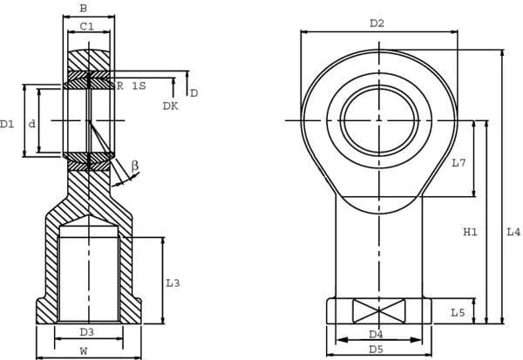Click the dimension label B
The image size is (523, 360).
pos(83,9)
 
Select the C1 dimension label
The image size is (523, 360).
pos(87,27)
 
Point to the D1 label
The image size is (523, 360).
pos(8,125)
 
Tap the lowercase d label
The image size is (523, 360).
pos(32,125)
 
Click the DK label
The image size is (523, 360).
pos(170,106)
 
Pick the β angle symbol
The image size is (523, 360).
pos(135,165)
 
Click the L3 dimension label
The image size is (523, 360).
pos(173,283)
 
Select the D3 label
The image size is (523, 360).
pos(86,332)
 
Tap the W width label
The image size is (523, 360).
pos(84,351)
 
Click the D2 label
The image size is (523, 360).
pos(377,24)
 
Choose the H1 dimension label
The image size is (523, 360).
pos(470,232)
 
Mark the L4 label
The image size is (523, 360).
pos(513,232)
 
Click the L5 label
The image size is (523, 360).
pos(458,312)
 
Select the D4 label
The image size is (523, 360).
pos(377,334)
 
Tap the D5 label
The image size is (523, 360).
pos(377,350)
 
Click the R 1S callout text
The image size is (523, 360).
pos(131,85)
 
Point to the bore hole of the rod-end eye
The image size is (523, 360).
pos(379,119)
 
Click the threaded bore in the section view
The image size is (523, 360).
pos(87,276)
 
